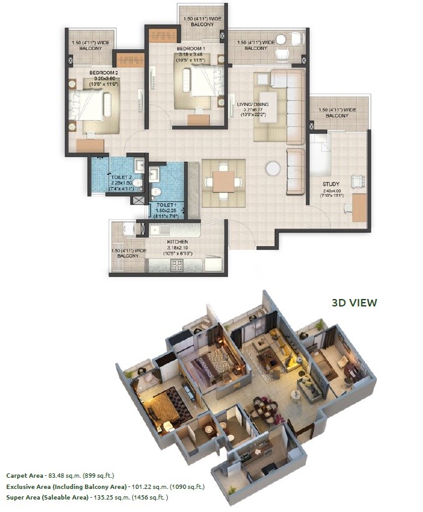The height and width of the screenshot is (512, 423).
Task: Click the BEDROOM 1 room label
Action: click(191, 47)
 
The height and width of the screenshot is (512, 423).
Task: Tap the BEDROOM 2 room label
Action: click(104, 73)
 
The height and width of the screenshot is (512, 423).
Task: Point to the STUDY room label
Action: click(331, 184)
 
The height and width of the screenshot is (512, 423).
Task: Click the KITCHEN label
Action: click(177, 242)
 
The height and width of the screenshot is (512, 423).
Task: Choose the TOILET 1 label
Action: click(167, 204)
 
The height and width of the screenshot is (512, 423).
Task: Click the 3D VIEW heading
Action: click(354, 303)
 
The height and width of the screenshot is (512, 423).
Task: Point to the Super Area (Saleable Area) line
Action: click(87, 498)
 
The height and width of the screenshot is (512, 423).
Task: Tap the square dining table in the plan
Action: click(223, 182)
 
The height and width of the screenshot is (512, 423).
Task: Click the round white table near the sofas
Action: click(273, 169)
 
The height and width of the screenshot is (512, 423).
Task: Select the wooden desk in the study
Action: click(359, 207)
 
